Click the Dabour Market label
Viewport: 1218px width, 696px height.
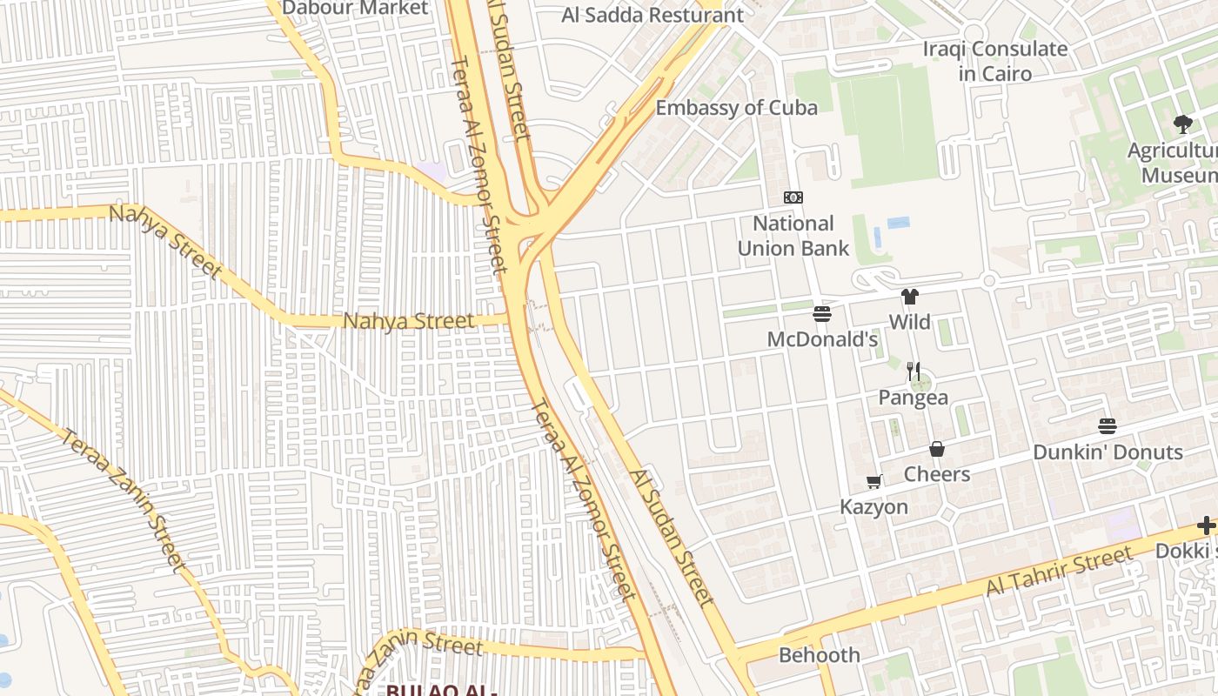(356, 8)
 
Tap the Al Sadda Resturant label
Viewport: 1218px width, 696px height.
(652, 15)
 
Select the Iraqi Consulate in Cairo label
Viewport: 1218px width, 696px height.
(995, 61)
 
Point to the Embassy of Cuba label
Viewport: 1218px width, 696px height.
(736, 108)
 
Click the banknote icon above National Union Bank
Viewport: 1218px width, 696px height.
(793, 197)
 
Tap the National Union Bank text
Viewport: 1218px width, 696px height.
(793, 236)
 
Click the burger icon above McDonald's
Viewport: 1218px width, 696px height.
(822, 313)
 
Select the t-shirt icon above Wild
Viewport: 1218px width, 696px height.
(910, 297)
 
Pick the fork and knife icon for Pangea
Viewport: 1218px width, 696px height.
(913, 371)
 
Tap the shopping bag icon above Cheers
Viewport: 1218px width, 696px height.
(937, 449)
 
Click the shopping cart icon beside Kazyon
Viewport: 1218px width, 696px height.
(874, 482)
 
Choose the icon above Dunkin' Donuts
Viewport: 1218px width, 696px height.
(1108, 426)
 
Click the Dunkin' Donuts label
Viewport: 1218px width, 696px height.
(1108, 452)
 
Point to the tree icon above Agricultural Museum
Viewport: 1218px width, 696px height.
(1182, 124)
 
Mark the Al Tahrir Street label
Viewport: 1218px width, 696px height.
(1059, 571)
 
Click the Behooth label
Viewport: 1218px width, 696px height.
(820, 655)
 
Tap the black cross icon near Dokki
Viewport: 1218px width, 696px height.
(1206, 525)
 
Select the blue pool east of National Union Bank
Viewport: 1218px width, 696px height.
(898, 223)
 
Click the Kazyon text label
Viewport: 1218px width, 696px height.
(874, 506)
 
